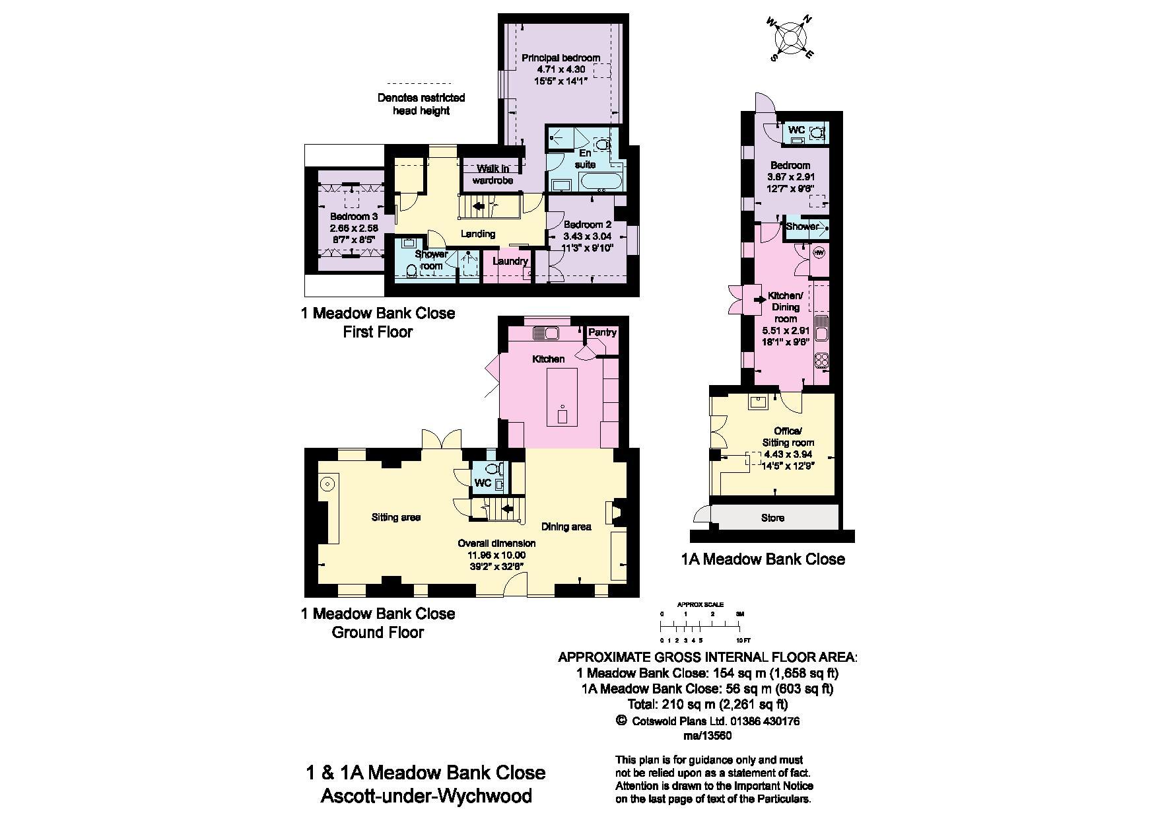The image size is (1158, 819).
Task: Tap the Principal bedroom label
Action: click(561, 58)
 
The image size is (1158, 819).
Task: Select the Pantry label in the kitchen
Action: click(601, 332)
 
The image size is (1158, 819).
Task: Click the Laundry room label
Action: click(510, 262)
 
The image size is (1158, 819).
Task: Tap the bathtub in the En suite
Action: click(600, 180)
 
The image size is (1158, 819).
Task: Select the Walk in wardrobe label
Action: click(493, 174)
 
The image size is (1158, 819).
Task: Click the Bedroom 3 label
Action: click(354, 217)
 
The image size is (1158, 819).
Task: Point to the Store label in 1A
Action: click(772, 518)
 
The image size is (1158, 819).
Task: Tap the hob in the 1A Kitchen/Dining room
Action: click(823, 361)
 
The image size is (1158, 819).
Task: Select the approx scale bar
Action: click(701, 623)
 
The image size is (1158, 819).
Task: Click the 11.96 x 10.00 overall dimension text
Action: click(493, 555)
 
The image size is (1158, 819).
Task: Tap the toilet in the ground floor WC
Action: click(491, 470)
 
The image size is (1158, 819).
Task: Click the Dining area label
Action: click(566, 526)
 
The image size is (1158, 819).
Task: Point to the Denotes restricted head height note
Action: click(421, 104)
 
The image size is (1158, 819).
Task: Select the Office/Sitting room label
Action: click(788, 437)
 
